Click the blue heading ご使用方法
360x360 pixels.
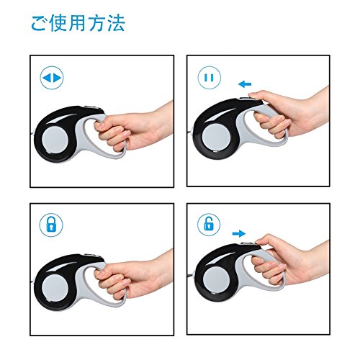(78, 23)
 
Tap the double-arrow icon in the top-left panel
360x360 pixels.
(52, 78)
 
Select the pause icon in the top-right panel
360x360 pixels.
(210, 78)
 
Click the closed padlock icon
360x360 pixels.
(51, 225)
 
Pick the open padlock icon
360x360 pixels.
(209, 225)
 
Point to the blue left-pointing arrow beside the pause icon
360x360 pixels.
(245, 84)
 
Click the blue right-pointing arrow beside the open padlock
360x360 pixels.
(239, 233)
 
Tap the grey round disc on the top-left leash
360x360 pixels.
(55, 140)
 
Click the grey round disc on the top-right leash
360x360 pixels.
(215, 136)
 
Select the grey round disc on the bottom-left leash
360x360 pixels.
(55, 288)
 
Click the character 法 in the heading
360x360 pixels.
(117, 23)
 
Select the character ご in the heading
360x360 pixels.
(38, 24)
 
